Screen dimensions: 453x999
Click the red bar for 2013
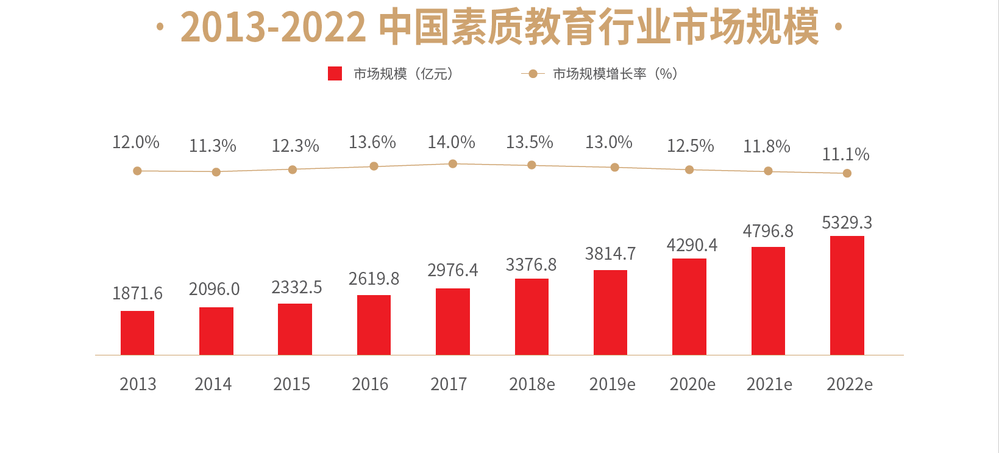point(137,333)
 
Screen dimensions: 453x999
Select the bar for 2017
point(453,321)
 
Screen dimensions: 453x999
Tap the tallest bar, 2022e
point(847,295)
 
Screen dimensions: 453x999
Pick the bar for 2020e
point(689,307)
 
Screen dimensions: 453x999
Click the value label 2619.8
point(374,279)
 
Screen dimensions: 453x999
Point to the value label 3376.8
point(531,265)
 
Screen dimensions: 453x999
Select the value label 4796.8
point(768,231)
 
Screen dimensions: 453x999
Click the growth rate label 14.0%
point(451,142)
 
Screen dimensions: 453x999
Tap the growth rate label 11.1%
point(845,154)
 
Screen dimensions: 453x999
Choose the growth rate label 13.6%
point(372,142)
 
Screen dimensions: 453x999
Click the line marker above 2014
point(216,172)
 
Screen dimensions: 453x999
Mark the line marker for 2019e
point(614,167)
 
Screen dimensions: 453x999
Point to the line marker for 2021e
point(768,171)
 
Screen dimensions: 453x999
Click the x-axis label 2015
point(291,384)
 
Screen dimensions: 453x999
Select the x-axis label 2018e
point(531,384)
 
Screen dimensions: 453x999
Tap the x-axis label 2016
point(370,384)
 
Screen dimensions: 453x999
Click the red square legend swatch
point(335,74)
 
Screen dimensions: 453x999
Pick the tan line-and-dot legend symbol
point(533,74)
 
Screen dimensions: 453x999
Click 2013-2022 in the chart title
point(273,27)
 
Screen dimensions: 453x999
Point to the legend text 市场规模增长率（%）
point(615,74)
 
